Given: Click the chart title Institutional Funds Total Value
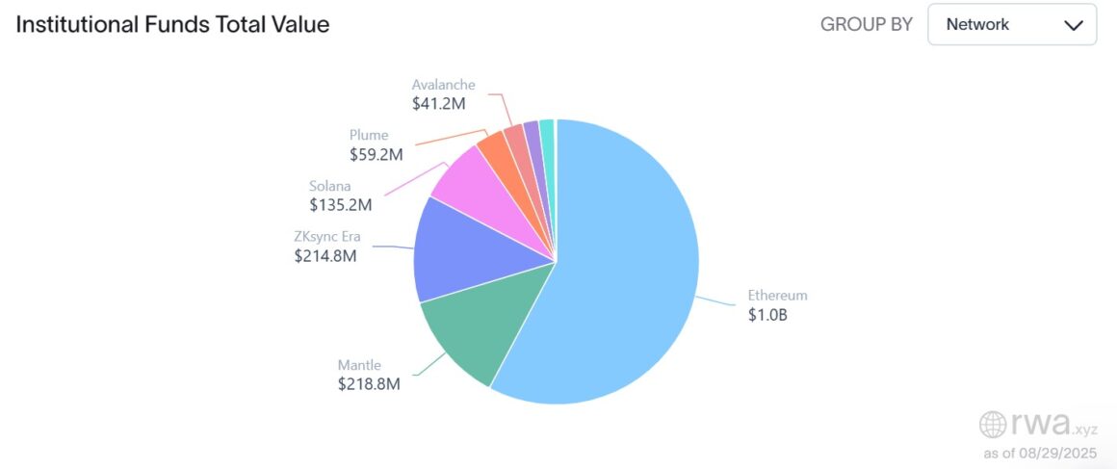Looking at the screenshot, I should (172, 25).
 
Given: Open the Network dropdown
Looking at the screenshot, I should (1011, 25).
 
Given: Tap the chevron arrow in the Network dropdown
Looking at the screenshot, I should (1073, 26).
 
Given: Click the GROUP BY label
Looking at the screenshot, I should (866, 25).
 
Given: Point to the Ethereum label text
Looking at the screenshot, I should (777, 296).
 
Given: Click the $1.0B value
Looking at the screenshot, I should (767, 315).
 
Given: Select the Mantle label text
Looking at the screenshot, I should (359, 365).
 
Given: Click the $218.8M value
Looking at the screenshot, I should (368, 384).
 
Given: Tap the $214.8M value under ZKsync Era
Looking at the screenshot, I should (325, 257).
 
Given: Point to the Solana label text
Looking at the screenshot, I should (331, 185).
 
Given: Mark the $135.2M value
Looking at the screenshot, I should (340, 204).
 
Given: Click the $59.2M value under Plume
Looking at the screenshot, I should (376, 153).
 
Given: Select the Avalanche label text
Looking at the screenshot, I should (443, 85).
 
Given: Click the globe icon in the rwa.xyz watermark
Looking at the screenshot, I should (992, 425).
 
